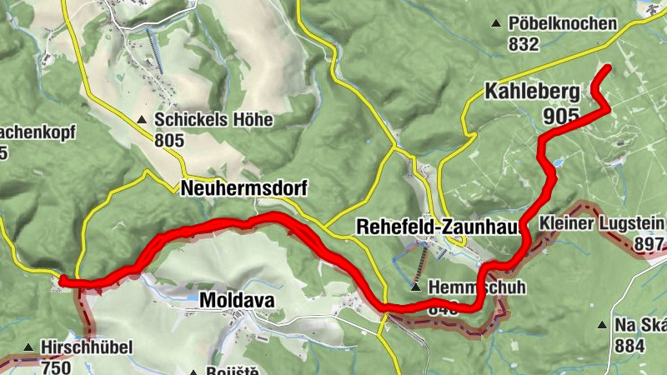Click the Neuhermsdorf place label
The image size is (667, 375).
pos(243,189)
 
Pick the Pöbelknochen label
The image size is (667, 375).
pos(564,23)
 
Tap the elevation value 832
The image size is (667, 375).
pos(524,44)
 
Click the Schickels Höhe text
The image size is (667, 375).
pos(213,120)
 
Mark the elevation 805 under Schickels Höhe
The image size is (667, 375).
pos(168,140)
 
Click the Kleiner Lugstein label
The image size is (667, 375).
pos(601,222)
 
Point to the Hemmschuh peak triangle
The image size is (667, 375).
pos(415,287)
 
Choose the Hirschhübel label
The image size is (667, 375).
pos(86,347)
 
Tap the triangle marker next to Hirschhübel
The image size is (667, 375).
pos(29,347)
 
